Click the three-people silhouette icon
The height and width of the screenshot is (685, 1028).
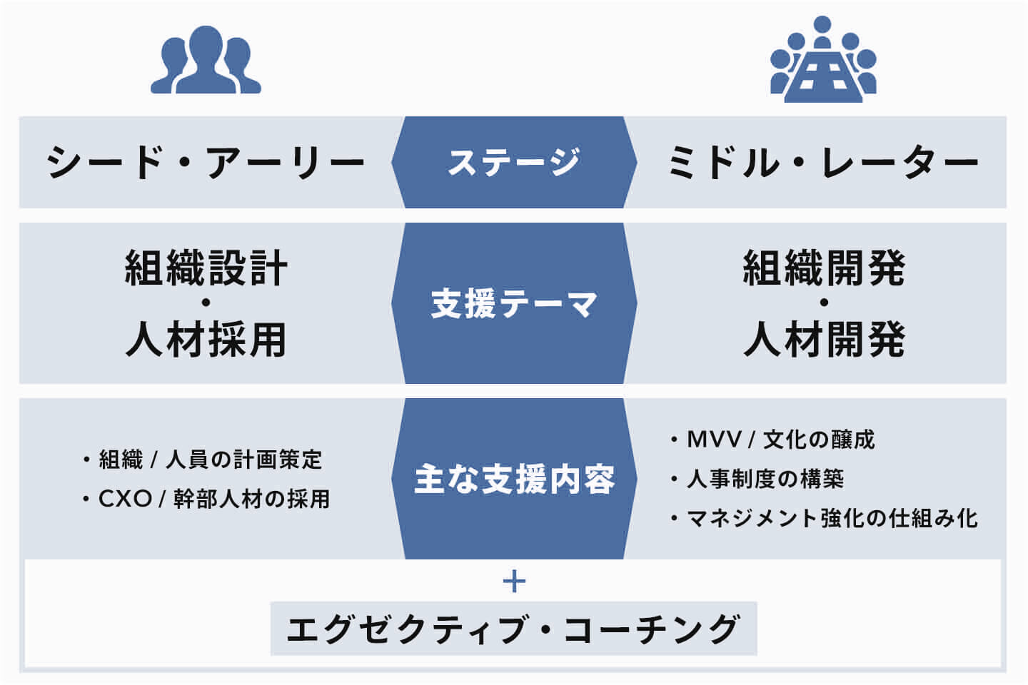206,60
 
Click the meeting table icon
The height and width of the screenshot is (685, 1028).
822,60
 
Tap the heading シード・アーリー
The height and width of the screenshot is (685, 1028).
206,163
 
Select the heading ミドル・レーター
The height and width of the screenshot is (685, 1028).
822,163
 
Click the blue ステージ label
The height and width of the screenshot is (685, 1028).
514,162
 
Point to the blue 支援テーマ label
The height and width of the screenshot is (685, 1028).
514,304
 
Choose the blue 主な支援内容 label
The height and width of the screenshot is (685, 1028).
514,479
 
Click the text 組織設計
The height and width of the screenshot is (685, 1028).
206,268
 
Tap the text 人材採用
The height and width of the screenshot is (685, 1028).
206,339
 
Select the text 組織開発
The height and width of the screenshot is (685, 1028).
824,268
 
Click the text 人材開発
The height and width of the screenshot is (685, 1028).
824,339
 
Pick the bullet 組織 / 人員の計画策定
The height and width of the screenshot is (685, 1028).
210,460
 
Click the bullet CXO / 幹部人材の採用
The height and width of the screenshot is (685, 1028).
213,499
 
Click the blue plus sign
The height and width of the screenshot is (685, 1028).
514,582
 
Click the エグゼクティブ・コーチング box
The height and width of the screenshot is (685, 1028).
513,629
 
